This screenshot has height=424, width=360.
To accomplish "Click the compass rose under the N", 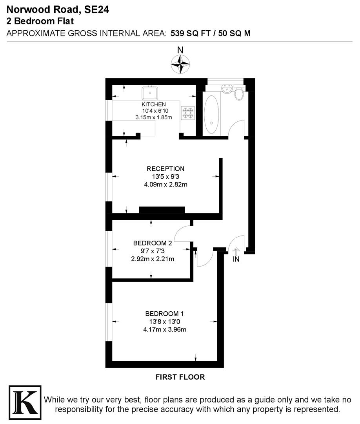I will pos(180,64).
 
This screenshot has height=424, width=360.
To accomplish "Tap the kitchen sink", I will pos(150,93).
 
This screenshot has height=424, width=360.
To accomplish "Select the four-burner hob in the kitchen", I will pos(187,113).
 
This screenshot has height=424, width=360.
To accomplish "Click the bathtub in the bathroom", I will pos(211,114).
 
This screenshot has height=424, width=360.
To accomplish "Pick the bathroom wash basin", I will pos(226,89).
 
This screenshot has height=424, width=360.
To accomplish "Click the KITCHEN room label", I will pos(154,104).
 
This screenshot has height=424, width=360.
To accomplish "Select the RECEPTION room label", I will pos(165,169).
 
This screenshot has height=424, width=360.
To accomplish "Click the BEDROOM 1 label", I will pos(164,314).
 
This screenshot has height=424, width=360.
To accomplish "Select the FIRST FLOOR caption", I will pos(180,377).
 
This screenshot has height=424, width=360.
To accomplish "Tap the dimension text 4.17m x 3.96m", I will pos(165,329).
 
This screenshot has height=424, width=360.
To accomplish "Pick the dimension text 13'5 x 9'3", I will pos(165,177).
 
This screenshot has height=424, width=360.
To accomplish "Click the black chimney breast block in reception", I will pos(162,210).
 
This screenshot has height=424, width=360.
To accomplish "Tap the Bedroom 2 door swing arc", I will pos(181,235).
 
